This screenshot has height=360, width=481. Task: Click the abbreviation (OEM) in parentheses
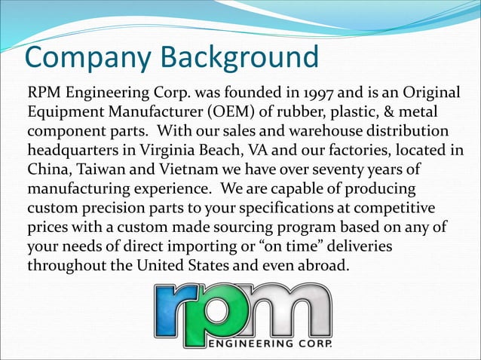click(234, 113)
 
